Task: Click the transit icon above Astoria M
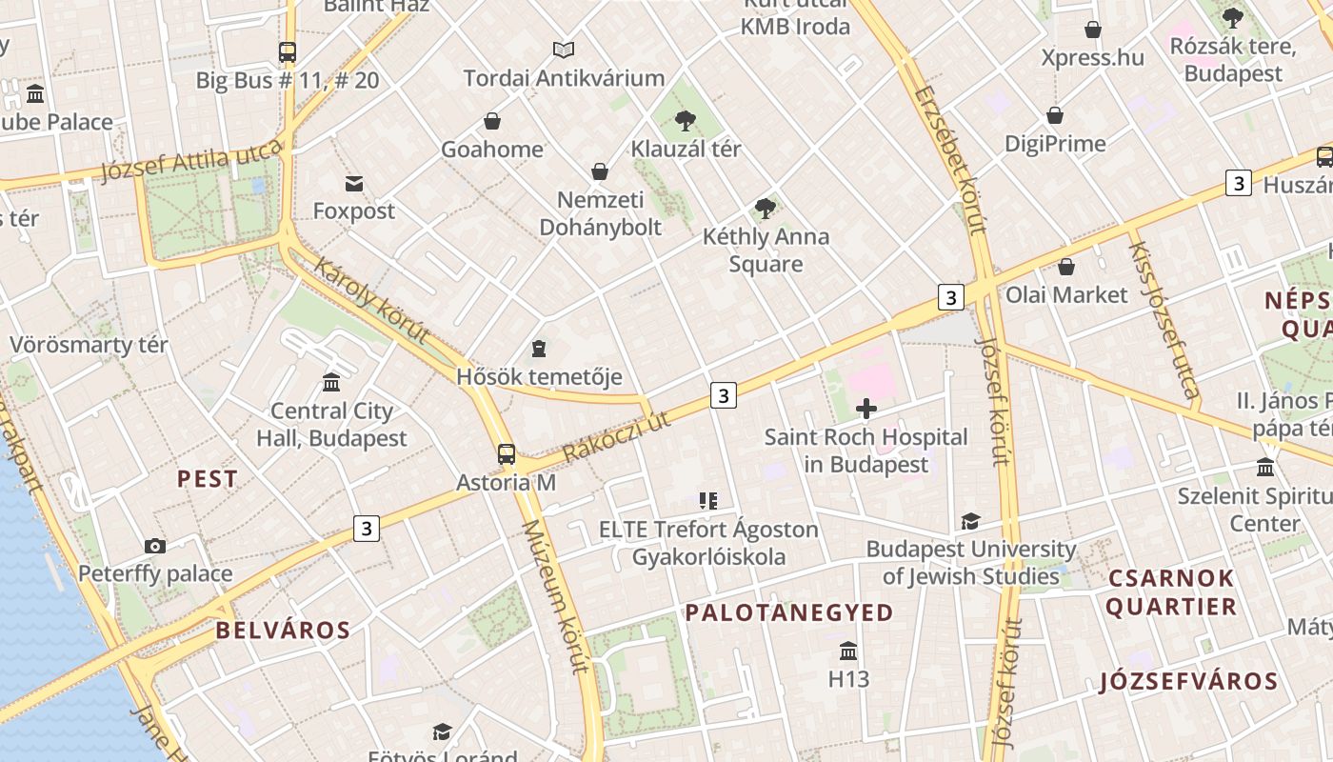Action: tap(507, 454)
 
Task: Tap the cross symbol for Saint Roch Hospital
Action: tap(866, 410)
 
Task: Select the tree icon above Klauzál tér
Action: tap(685, 121)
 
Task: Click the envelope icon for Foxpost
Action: tap(354, 183)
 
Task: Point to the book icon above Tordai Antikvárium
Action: tap(564, 50)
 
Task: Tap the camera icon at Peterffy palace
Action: tap(155, 546)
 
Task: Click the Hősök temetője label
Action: tap(539, 376)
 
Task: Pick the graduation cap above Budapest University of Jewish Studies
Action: tap(970, 521)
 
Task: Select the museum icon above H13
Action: tap(848, 652)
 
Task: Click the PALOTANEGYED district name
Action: tap(789, 612)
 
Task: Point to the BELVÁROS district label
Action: tap(283, 630)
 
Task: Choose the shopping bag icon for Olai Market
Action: tap(1066, 267)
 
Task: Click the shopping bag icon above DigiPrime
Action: tap(1055, 116)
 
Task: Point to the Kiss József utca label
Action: tap(1163, 318)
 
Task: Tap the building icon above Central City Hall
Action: tap(331, 383)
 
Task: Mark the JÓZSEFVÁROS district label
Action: tap(1188, 681)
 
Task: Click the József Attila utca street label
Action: tap(191, 160)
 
